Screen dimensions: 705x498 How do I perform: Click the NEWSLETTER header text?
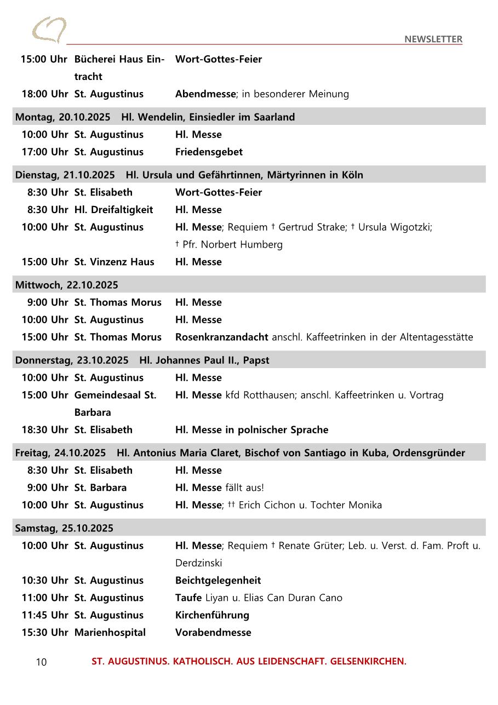pos(433,39)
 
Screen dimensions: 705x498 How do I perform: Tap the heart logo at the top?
pos(49,30)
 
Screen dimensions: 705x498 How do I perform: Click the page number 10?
pos(42,662)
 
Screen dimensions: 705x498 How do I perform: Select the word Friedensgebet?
pos(209,152)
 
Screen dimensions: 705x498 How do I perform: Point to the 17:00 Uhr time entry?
pos(45,152)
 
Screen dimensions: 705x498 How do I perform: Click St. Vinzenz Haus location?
pos(114,262)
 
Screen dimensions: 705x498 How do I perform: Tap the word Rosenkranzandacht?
pos(222,337)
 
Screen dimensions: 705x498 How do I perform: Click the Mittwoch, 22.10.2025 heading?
pos(66,285)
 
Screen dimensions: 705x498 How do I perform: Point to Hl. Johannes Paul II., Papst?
pos(204,360)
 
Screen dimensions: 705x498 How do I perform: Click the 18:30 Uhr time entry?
pos(45,429)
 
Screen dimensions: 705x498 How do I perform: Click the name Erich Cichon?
pos(267,505)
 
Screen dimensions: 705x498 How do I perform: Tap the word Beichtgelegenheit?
pos(218,580)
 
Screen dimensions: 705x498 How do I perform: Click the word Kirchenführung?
pos(212,615)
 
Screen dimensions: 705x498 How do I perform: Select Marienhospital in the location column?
pos(110,632)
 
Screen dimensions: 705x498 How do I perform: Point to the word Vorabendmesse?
pos(213,632)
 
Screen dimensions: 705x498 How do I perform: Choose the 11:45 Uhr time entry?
pos(45,615)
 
